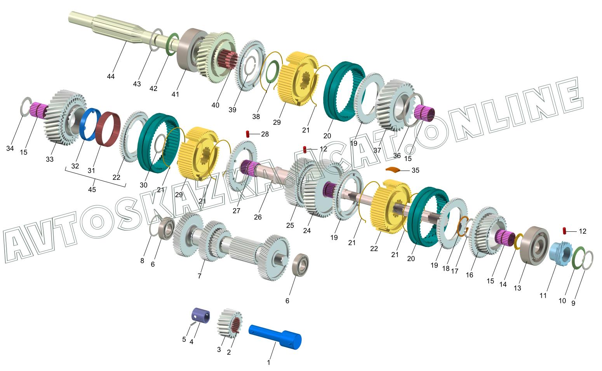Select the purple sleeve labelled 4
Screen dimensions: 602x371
pyautogui.click(x=200, y=315)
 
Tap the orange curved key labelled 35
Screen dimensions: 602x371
pyautogui.click(x=393, y=170)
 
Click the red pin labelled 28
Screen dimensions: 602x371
pyautogui.click(x=247, y=134)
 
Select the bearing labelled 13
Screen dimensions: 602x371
pyautogui.click(x=534, y=246)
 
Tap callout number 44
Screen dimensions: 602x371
pyautogui.click(x=110, y=76)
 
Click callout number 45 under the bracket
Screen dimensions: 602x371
pyautogui.click(x=92, y=189)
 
